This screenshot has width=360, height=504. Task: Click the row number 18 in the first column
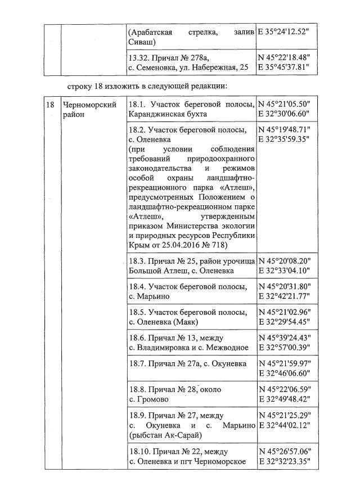click(x=50, y=105)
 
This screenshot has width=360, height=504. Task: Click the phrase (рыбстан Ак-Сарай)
click(x=165, y=435)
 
